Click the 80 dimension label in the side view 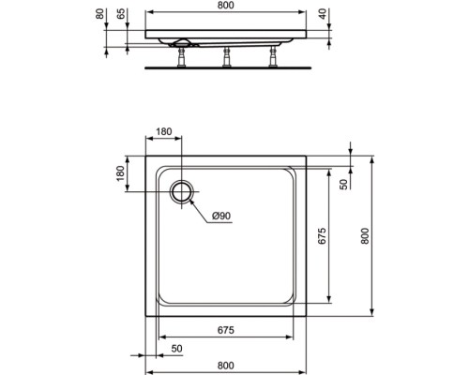point(99,14)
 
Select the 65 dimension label point(121,14)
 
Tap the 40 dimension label point(323,14)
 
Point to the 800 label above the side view point(225,6)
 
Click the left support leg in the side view point(181,57)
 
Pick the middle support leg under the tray point(226,57)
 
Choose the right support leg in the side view point(273,57)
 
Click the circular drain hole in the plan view point(182,191)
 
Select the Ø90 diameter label point(221,216)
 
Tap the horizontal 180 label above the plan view point(164,131)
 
